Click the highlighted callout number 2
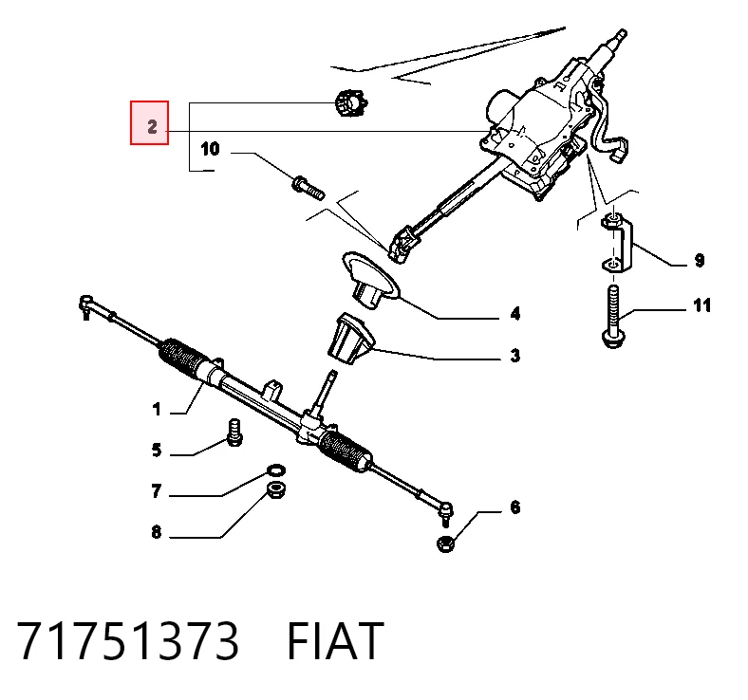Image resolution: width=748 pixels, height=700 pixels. (x=152, y=127)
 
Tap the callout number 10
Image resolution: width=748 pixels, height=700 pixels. (x=210, y=149)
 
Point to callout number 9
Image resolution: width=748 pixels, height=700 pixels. (x=699, y=260)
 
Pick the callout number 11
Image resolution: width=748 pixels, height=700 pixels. (x=701, y=305)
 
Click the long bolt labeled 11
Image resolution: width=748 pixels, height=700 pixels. (x=613, y=317)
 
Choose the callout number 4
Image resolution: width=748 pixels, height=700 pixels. (x=515, y=314)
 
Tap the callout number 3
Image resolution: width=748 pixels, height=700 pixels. (x=515, y=356)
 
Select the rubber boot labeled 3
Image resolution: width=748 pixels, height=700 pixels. (x=351, y=340)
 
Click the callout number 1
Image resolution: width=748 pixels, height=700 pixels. (x=157, y=409)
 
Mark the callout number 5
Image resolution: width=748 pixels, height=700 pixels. (x=157, y=450)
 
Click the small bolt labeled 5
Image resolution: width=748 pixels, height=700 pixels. (x=234, y=433)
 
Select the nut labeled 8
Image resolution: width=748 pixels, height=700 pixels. (x=275, y=490)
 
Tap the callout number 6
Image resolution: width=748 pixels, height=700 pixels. (x=515, y=507)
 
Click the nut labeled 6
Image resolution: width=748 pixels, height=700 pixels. (x=445, y=543)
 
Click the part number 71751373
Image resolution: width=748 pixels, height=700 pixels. (x=128, y=640)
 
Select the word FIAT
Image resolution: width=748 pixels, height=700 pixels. (x=335, y=640)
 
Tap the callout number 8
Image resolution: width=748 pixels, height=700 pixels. (x=157, y=531)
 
